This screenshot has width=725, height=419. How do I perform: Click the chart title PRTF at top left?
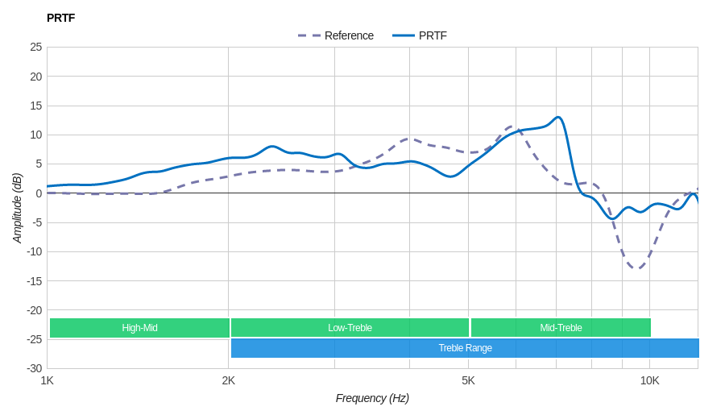[60, 18]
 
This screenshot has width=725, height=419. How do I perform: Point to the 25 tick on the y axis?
[36, 47]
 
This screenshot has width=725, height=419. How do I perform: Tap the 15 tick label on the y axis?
[36, 106]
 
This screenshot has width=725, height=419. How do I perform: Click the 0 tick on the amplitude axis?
[39, 193]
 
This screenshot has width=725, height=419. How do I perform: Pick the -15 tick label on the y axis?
[34, 281]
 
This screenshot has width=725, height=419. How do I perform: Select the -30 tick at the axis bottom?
[34, 368]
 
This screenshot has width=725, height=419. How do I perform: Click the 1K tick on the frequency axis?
[48, 380]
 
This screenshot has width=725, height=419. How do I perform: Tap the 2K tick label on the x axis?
[229, 380]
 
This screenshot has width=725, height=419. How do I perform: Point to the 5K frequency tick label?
[468, 380]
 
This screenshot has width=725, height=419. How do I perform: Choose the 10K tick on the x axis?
[650, 380]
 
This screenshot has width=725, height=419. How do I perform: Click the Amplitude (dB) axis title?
[17, 208]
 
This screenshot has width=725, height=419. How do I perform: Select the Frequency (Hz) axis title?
[372, 398]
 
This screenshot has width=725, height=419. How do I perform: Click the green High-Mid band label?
[139, 328]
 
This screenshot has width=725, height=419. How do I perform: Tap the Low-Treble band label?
[350, 328]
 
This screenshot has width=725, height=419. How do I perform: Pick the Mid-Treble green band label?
[561, 328]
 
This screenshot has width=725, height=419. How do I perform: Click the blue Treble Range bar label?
[465, 348]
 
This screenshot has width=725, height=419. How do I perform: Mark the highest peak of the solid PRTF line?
[557, 118]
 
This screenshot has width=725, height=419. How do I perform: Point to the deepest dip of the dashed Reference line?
[636, 268]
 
